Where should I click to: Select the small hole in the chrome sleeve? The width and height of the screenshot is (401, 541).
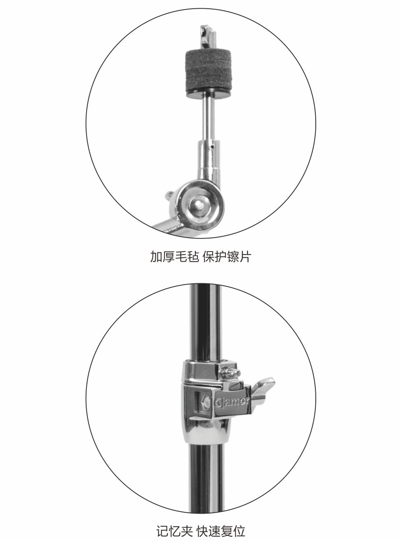213,147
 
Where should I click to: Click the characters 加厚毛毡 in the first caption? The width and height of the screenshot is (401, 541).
174,257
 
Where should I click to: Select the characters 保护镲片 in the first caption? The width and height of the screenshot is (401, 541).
227,257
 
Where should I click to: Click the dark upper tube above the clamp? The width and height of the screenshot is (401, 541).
206,322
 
